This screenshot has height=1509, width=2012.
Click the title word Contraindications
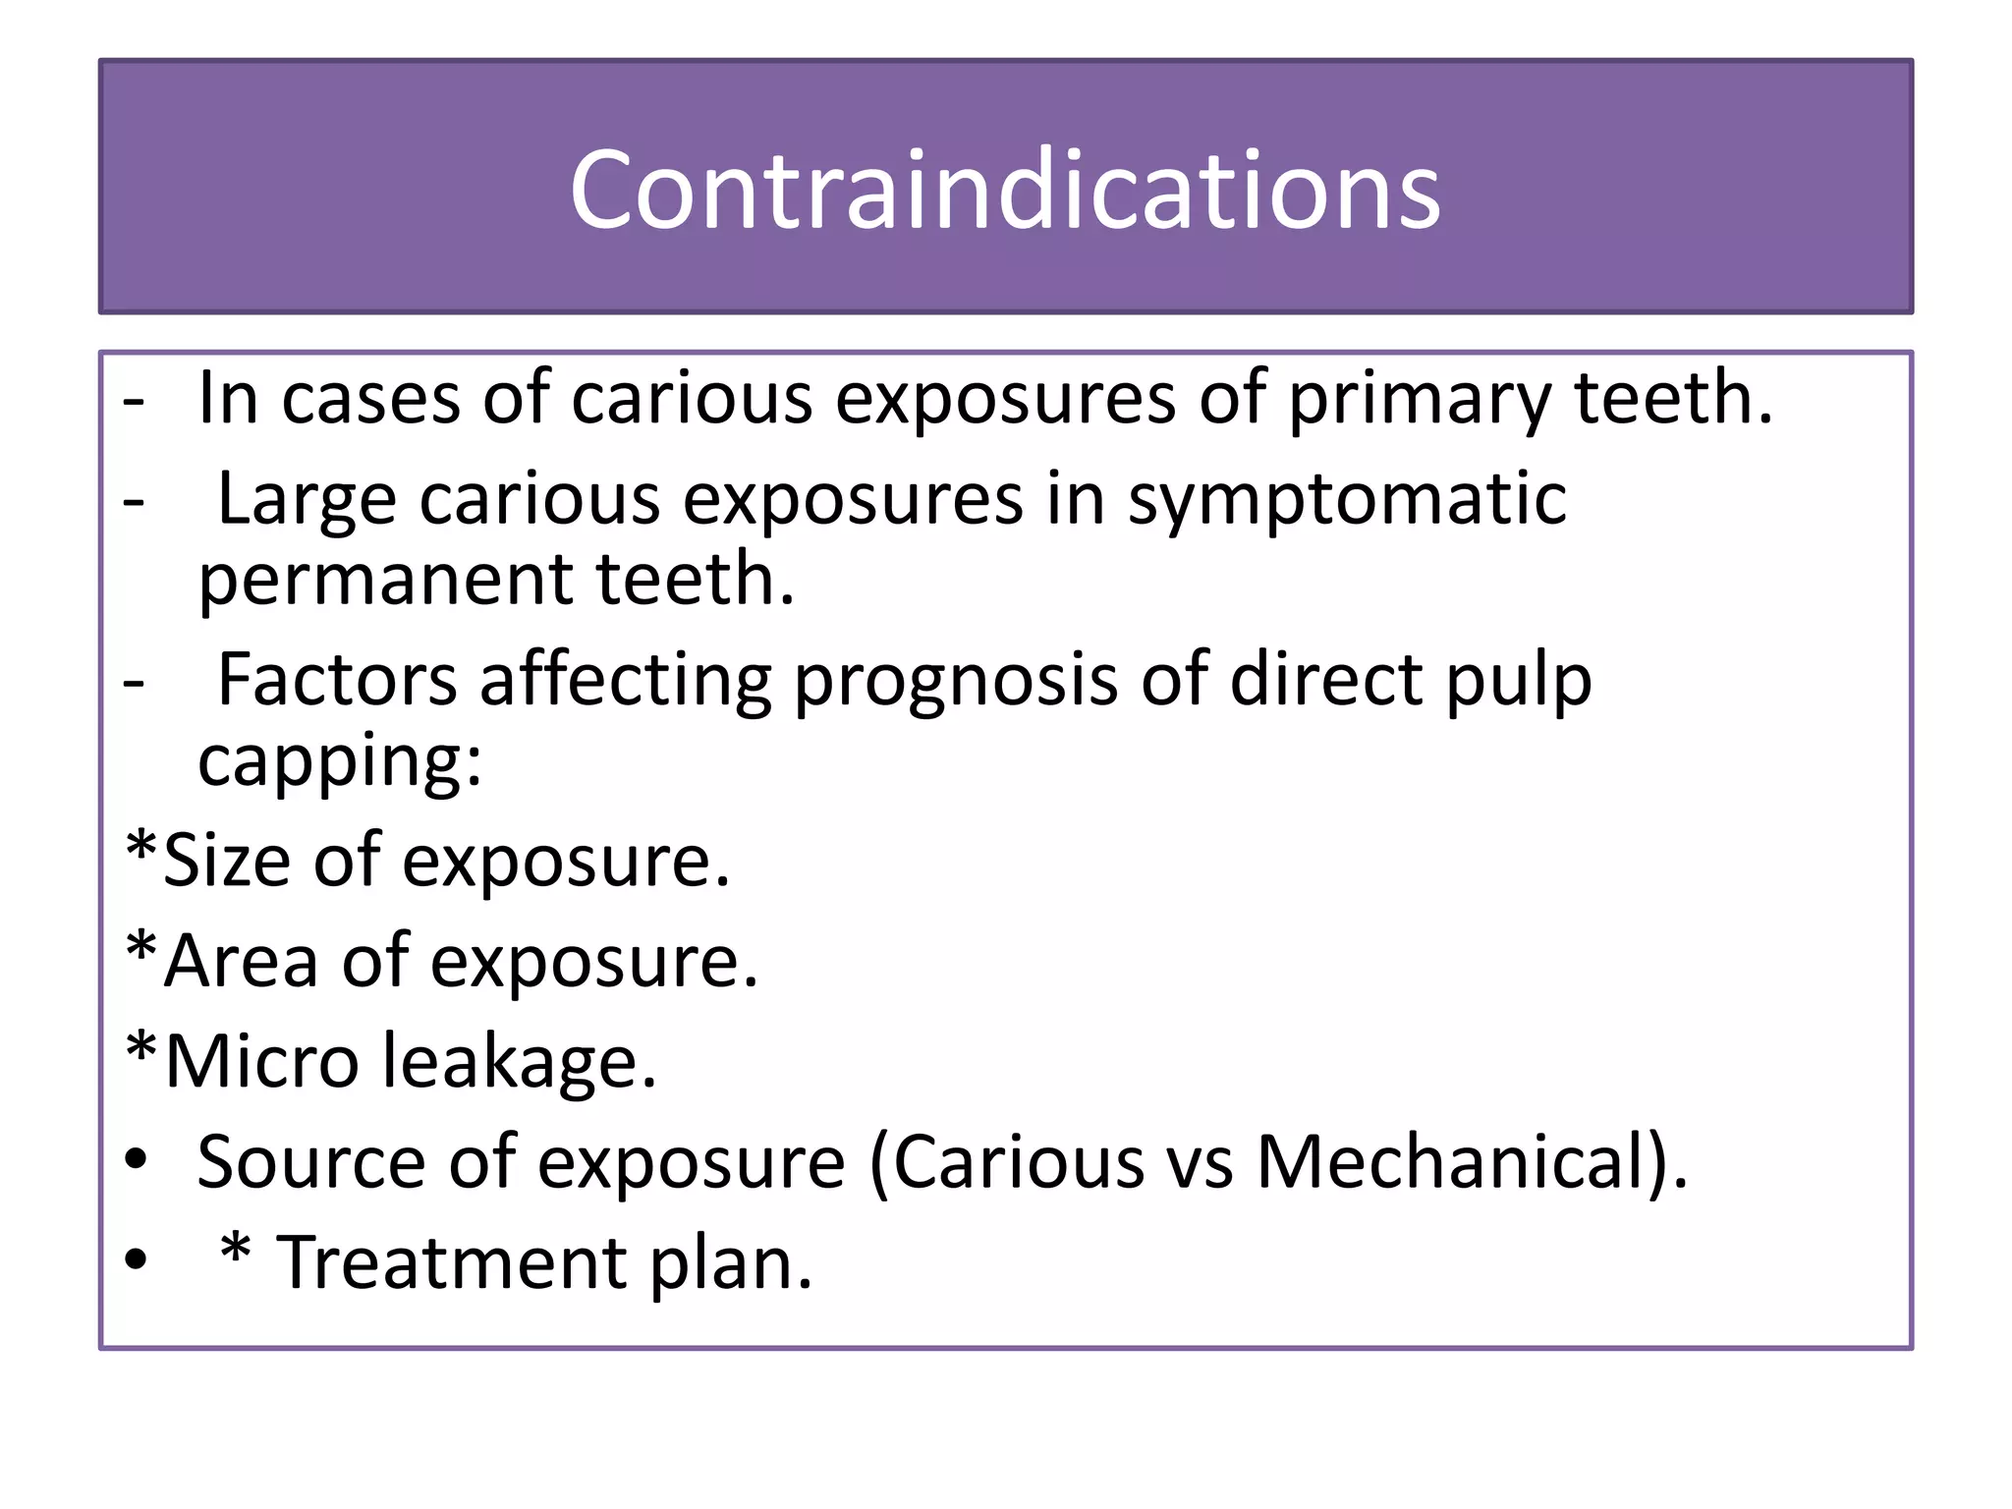tap(1004, 189)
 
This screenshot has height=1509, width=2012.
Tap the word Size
tap(227, 861)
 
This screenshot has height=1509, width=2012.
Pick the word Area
tap(241, 961)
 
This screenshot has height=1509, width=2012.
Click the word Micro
tap(261, 1062)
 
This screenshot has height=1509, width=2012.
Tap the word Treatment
tap(452, 1263)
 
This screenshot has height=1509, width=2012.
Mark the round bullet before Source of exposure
tap(136, 1161)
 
